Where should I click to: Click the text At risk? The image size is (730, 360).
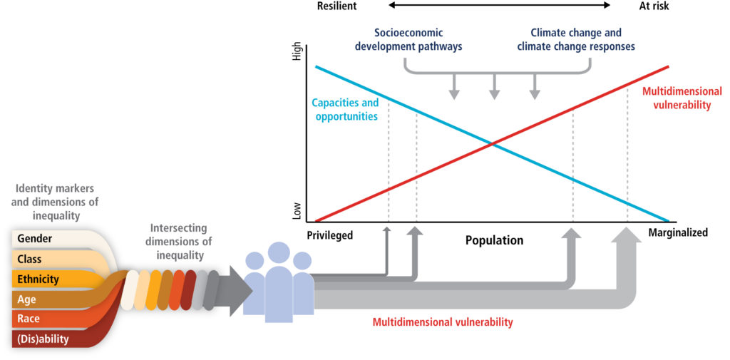[x=654, y=6]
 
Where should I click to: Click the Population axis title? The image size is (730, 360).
[x=495, y=241]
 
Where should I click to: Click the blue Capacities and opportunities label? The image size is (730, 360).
[x=346, y=110]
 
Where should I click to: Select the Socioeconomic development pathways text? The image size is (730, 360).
[x=408, y=40]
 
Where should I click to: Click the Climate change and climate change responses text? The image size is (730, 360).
[x=576, y=40]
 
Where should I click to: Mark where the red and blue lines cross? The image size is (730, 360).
[x=492, y=144]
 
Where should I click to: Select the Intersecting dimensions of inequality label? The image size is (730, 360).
[x=179, y=242]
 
